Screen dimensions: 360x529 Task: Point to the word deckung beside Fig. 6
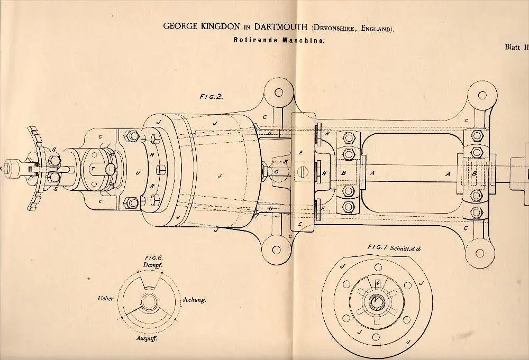194,299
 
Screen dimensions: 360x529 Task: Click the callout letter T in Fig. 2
93,169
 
